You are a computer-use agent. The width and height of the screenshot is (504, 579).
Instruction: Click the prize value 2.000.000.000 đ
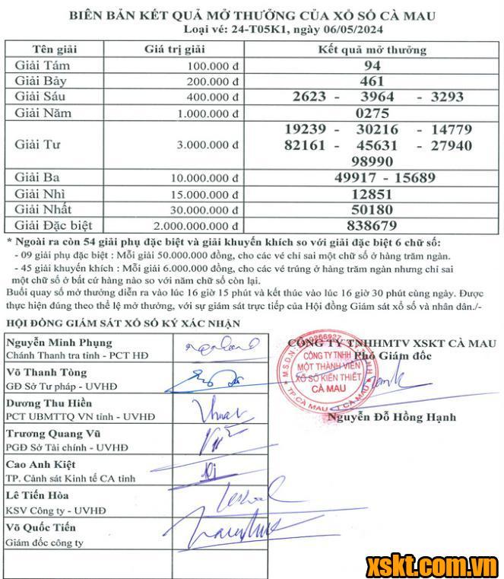[196, 226]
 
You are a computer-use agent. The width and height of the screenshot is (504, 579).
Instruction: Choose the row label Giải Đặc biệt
[53, 226]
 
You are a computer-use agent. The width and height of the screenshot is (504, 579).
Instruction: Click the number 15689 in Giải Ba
[409, 177]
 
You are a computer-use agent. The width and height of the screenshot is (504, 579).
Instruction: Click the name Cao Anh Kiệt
[40, 465]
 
